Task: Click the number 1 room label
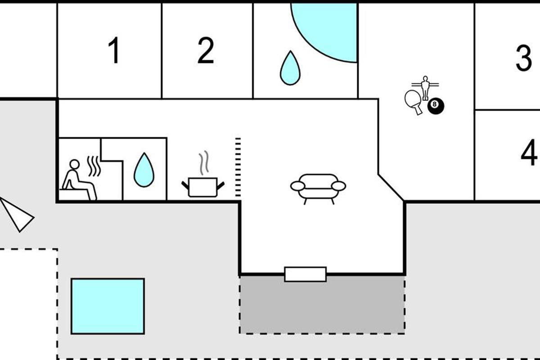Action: pos(115,50)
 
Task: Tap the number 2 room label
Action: pos(206,50)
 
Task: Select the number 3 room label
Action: pos(523,58)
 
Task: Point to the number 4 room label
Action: pos(529,153)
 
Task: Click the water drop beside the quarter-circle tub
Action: pos(290,69)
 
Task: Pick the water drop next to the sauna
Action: pos(144,171)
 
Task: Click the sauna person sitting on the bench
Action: pos(76,180)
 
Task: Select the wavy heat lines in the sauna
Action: pos(94,166)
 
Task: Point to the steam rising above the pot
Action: pos(204,162)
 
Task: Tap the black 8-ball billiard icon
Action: pos(435,106)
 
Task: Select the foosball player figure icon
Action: pos(425,86)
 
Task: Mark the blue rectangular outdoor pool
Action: pos(108,306)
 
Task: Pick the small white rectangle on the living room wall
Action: pos(305,274)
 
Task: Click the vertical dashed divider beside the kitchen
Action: pos(238,167)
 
